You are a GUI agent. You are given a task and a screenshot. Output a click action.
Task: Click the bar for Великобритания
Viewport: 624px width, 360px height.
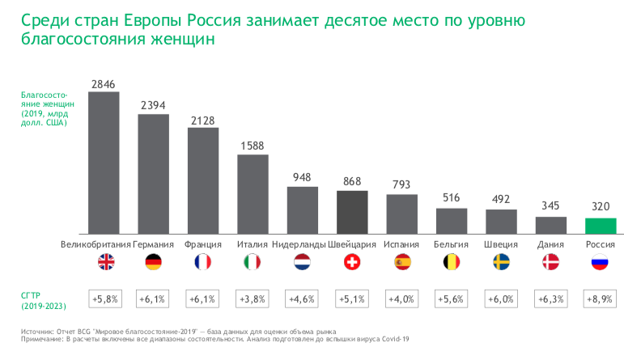[104, 161]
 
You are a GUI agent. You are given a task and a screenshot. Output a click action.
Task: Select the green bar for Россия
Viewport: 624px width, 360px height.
[601, 224]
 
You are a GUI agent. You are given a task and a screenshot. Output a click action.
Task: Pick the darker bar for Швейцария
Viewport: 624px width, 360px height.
[352, 210]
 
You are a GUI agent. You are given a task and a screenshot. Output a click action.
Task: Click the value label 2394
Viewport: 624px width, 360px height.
[153, 105]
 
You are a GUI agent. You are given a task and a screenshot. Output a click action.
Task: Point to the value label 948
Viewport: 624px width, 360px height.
[302, 178]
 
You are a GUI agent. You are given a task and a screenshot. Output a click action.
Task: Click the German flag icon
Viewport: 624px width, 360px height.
[153, 262]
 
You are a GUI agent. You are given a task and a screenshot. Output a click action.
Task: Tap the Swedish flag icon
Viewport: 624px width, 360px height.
[501, 262]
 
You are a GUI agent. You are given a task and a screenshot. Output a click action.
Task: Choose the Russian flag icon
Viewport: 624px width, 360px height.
[601, 262]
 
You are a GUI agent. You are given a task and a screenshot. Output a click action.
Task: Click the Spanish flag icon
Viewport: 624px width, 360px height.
[401, 262]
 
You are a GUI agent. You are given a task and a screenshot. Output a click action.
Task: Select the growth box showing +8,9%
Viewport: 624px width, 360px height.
[601, 298]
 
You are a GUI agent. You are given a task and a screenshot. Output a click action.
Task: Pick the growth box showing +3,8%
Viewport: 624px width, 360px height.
[253, 298]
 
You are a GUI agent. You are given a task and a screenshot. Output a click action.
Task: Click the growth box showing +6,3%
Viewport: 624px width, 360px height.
[550, 298]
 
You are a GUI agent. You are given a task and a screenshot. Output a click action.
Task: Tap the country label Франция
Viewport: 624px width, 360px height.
[203, 244]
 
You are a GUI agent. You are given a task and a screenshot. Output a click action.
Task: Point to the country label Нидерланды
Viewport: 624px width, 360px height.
[299, 244]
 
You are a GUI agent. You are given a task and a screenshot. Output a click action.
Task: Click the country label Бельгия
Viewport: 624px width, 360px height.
[451, 244]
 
